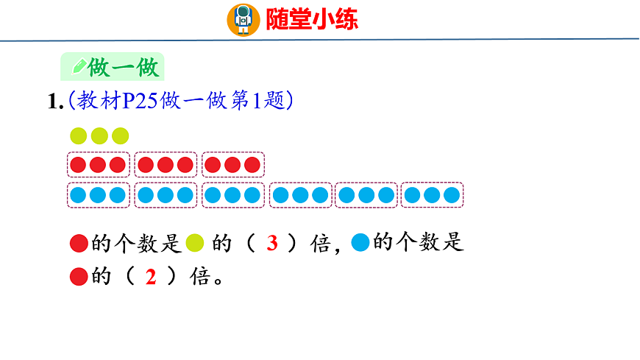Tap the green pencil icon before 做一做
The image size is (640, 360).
click(77, 67)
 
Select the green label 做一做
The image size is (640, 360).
click(122, 68)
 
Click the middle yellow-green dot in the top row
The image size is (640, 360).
click(99, 136)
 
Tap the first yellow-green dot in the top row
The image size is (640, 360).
click(79, 136)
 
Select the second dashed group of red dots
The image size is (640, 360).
click(166, 165)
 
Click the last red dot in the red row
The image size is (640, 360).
click(252, 165)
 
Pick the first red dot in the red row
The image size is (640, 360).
click(78, 165)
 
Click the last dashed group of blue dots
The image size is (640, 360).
click(433, 195)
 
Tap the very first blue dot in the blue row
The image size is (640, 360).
click(78, 195)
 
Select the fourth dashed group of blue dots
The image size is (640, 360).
click(299, 195)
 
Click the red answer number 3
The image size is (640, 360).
click(271, 244)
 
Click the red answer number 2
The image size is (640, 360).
click(152, 278)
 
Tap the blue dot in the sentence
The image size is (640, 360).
click(360, 242)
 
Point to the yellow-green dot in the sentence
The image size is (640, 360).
click(195, 242)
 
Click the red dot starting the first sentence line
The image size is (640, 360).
click(79, 242)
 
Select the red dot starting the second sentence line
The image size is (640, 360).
click(79, 278)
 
